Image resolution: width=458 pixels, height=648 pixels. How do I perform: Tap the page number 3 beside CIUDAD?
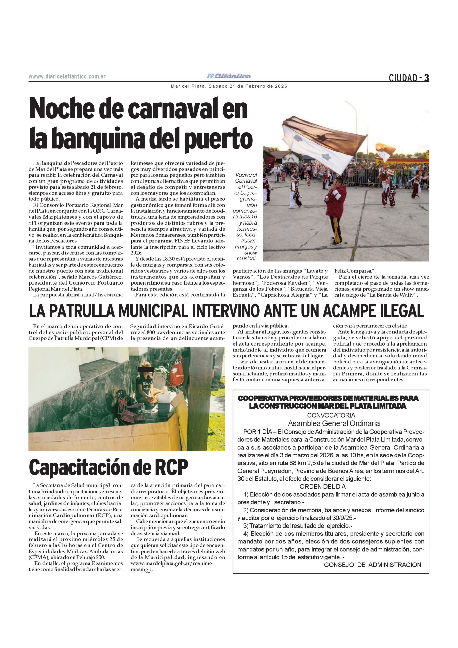pos(426,78)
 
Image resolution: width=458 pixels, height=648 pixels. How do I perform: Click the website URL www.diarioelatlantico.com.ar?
pos(67,77)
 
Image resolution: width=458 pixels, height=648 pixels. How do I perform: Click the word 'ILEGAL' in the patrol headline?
pos(401,312)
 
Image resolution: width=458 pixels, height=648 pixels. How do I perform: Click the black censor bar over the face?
pos(146,369)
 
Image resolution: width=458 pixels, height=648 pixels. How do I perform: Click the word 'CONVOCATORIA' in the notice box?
pos(331,415)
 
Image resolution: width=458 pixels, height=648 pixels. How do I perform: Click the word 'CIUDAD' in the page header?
pos(403,78)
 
